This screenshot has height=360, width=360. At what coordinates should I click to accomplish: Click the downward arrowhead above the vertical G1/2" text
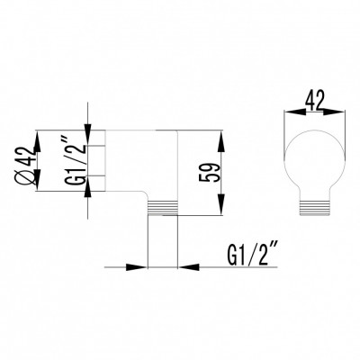pyautogui.click(x=87, y=130)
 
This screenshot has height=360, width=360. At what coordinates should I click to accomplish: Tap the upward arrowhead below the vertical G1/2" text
pyautogui.click(x=87, y=205)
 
